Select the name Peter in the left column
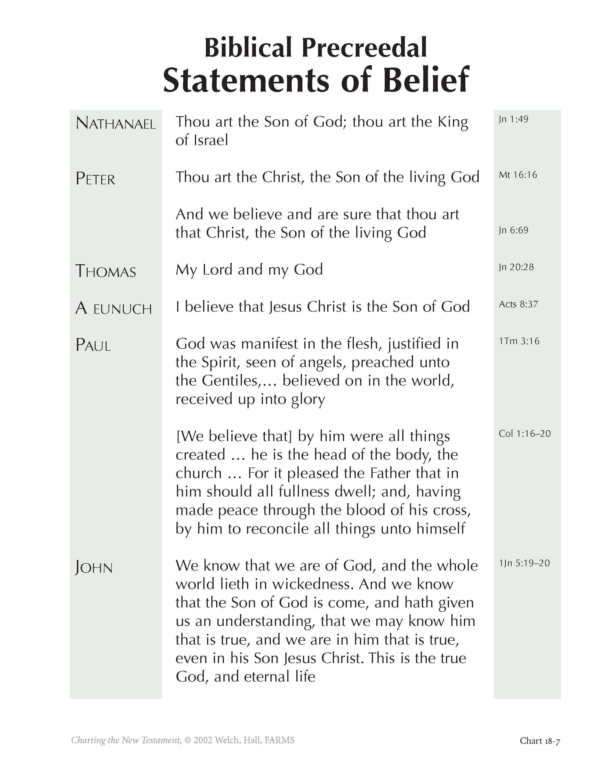pyautogui.click(x=95, y=179)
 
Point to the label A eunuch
pyautogui.click(x=114, y=309)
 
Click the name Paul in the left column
pyautogui.click(x=93, y=345)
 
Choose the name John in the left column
pyautogui.click(x=94, y=568)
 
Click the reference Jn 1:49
pyautogui.click(x=513, y=119)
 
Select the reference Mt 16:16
pyautogui.click(x=518, y=175)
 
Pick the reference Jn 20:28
pyautogui.click(x=516, y=267)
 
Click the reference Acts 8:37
pyautogui.click(x=518, y=304)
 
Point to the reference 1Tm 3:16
pyautogui.click(x=519, y=341)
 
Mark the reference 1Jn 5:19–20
pyautogui.click(x=524, y=563)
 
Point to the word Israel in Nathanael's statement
pyautogui.click(x=211, y=140)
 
